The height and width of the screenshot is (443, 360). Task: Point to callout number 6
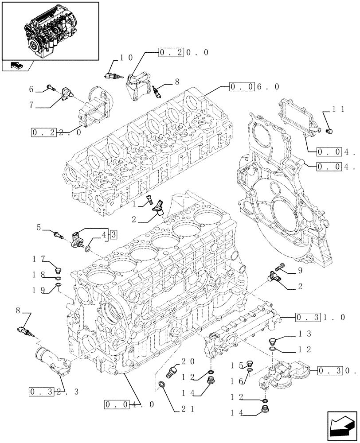click(x=31, y=89)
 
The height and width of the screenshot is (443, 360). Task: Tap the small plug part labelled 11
click(x=329, y=131)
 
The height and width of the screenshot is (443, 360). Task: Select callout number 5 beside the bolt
click(x=39, y=228)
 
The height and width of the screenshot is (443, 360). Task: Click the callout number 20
click(x=185, y=361)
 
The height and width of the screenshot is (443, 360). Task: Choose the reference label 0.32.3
click(x=53, y=392)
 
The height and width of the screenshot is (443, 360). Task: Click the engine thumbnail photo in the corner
click(x=49, y=31)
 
